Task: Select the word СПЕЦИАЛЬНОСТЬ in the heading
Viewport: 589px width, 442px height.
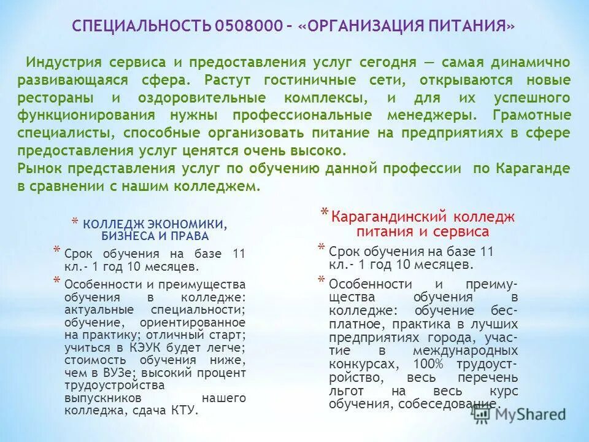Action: (x=142, y=27)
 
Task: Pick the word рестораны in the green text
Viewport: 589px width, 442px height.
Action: (x=55, y=98)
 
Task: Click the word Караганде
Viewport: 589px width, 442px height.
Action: (x=535, y=169)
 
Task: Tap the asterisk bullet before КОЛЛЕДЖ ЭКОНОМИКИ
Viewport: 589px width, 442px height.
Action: (x=74, y=222)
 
